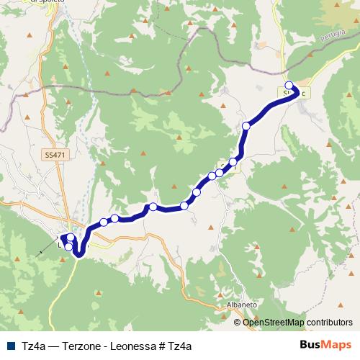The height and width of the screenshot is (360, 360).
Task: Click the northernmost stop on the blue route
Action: click(x=289, y=86)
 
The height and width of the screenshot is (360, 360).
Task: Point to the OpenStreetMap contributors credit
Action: click(x=297, y=322)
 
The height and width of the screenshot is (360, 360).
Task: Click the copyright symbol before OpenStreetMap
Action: click(x=238, y=322)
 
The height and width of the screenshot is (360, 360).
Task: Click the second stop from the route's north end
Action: click(x=246, y=126)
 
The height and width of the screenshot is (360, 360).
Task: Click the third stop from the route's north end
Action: click(x=233, y=162)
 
